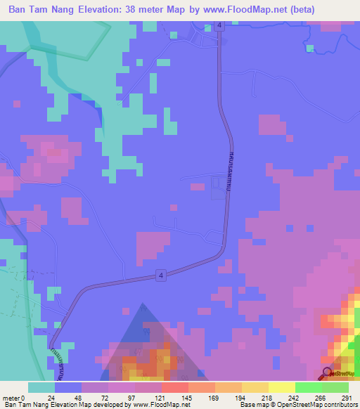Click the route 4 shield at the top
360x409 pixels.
[x=220, y=25]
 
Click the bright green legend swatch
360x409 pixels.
[x=308, y=387]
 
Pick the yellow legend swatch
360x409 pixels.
[x=281, y=387]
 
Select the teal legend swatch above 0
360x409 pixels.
[x=41, y=387]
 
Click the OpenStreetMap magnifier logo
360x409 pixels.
[x=327, y=373]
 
